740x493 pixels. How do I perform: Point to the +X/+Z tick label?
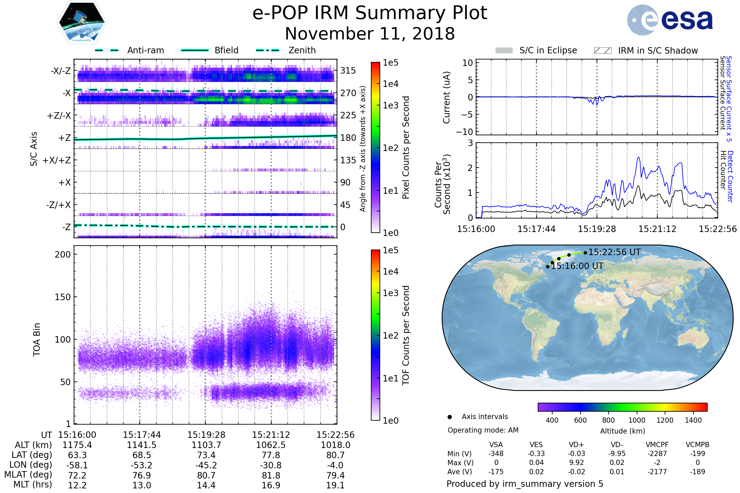pos(57,160)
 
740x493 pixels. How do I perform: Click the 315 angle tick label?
pos(348,71)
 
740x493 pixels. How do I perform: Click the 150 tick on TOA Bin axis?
pos(63,297)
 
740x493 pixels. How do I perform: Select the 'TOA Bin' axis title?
pos(36,340)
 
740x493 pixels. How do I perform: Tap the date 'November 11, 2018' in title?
pos(370,34)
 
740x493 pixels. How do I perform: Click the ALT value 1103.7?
pos(206,445)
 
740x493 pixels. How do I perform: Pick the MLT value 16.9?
pos(271,485)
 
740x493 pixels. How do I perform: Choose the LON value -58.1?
pos(77,465)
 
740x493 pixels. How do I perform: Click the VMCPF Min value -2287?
pos(657,454)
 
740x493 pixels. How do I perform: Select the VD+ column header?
pos(576,445)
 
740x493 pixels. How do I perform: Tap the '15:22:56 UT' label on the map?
pos(614,252)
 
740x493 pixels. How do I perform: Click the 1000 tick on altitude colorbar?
pos(637,420)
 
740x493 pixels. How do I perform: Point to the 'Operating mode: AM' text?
pos(483,430)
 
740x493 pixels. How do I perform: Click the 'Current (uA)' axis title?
pos(446,97)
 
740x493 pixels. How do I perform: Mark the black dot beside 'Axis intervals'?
pos(450,417)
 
